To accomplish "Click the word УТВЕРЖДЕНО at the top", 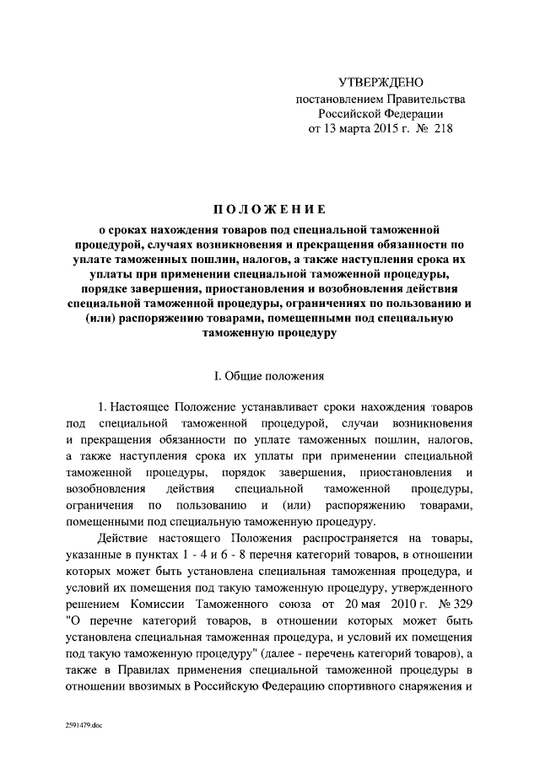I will [x=380, y=83].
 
